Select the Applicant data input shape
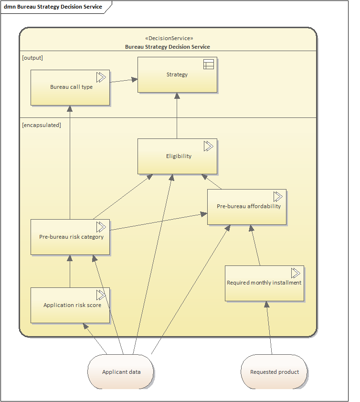(x=121, y=372)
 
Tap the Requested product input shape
(x=275, y=372)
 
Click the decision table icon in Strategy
(x=209, y=64)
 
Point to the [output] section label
(x=32, y=58)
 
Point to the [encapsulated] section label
(x=42, y=125)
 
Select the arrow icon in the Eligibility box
(x=208, y=146)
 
